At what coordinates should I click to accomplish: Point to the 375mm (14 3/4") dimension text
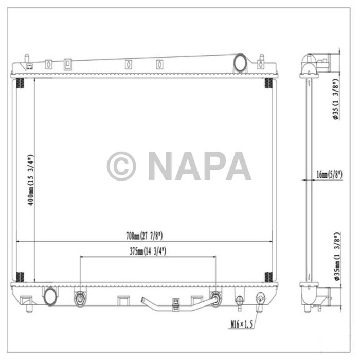(148, 251)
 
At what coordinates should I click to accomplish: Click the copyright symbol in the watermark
(121, 166)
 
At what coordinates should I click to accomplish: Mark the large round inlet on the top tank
(240, 63)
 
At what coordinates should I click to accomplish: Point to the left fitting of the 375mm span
(80, 298)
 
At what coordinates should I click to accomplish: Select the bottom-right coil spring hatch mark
(268, 276)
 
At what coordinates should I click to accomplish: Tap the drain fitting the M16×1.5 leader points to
(260, 298)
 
